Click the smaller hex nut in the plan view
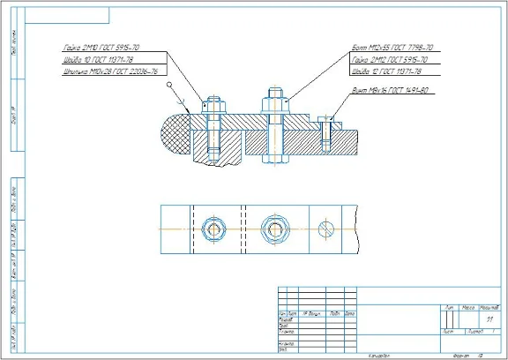click(x=213, y=229)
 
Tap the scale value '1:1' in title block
click(x=489, y=319)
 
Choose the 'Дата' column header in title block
click(x=349, y=314)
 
